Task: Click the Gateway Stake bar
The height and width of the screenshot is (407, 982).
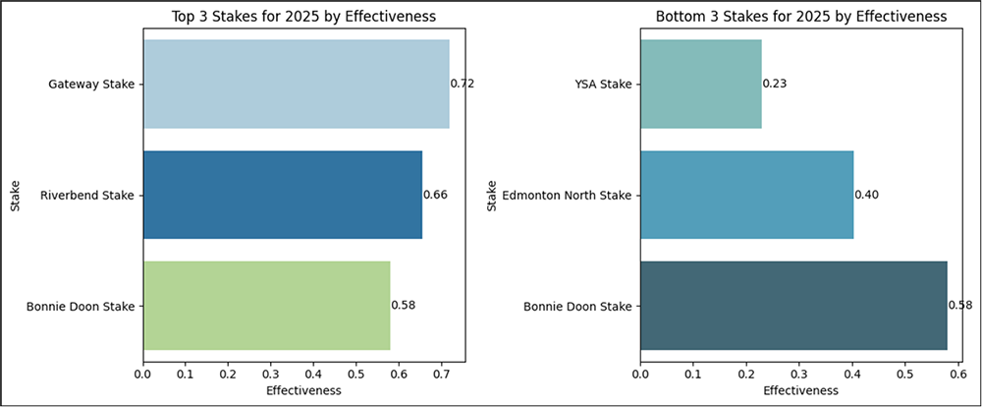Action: click(296, 85)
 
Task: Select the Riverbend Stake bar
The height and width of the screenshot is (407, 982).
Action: click(283, 195)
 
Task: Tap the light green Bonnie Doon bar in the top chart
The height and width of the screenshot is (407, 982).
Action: click(266, 306)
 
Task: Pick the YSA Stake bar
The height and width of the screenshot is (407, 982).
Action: click(700, 85)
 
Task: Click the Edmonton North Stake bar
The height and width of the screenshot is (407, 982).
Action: click(746, 195)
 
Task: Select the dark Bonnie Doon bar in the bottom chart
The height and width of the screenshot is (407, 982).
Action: click(793, 306)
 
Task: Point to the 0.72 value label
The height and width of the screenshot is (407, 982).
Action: click(462, 85)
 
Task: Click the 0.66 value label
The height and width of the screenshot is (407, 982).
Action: click(435, 195)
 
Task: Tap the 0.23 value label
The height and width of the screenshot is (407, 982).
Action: click(775, 85)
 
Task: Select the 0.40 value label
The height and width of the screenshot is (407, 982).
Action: click(866, 195)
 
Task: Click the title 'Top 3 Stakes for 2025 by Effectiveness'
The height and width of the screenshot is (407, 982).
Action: click(303, 17)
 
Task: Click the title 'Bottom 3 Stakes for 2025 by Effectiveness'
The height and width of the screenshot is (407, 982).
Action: click(800, 17)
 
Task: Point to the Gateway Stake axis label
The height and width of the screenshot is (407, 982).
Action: click(91, 85)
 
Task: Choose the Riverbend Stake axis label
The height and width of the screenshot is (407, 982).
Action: click(86, 195)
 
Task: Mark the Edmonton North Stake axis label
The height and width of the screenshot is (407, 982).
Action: click(565, 195)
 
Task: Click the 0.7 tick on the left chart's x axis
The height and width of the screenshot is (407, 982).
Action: click(441, 374)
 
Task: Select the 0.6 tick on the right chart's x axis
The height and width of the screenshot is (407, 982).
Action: click(957, 374)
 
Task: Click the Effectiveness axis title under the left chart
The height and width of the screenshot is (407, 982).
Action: click(303, 390)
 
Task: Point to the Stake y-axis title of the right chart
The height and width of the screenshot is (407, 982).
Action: click(491, 195)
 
